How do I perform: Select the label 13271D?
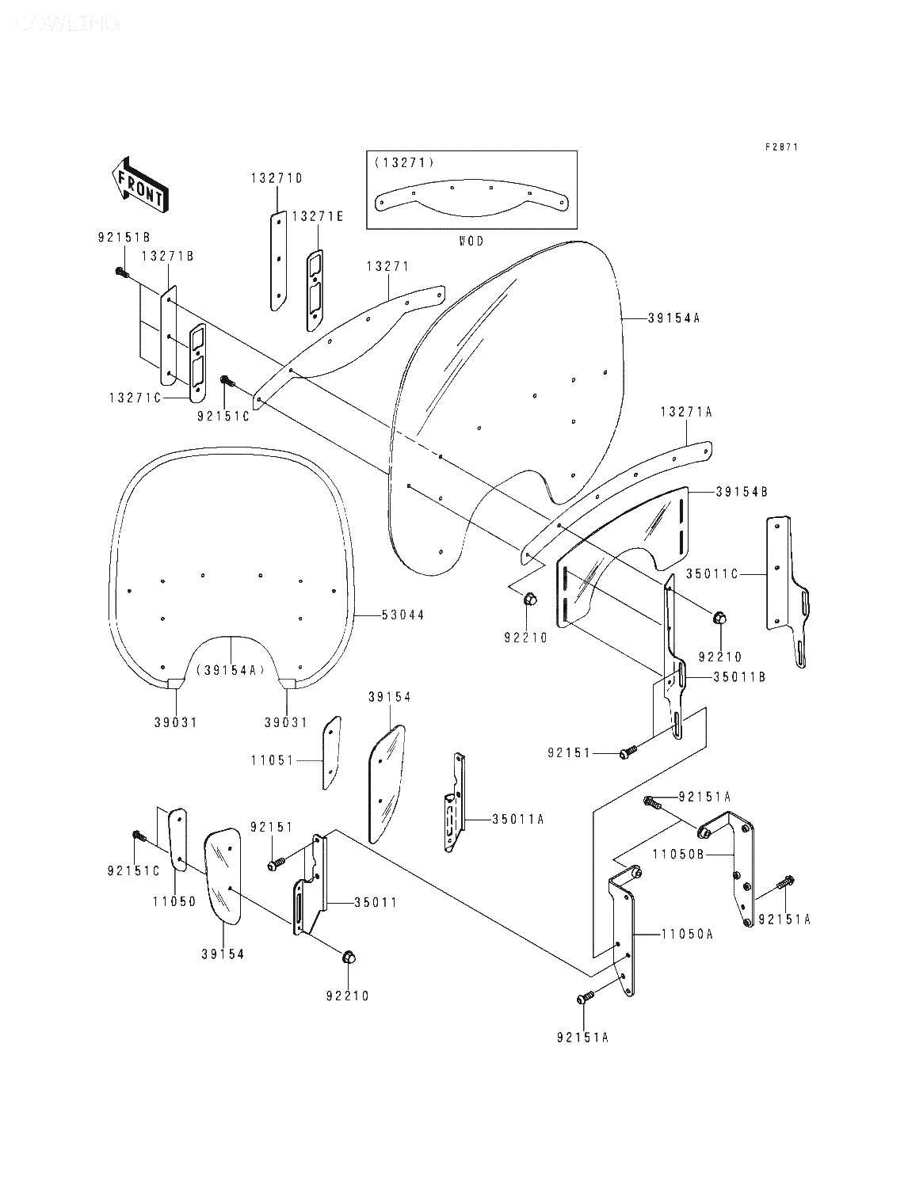(277, 179)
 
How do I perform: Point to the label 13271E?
(318, 215)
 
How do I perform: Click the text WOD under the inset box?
(471, 241)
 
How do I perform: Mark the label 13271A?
(686, 412)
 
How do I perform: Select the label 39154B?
(741, 492)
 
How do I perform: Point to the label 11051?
(273, 760)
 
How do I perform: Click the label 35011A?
(517, 820)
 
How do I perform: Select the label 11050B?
(679, 855)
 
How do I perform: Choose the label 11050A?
(687, 935)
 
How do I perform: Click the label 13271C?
(135, 398)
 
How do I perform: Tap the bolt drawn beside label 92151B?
(121, 272)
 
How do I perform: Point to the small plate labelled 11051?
(332, 752)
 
